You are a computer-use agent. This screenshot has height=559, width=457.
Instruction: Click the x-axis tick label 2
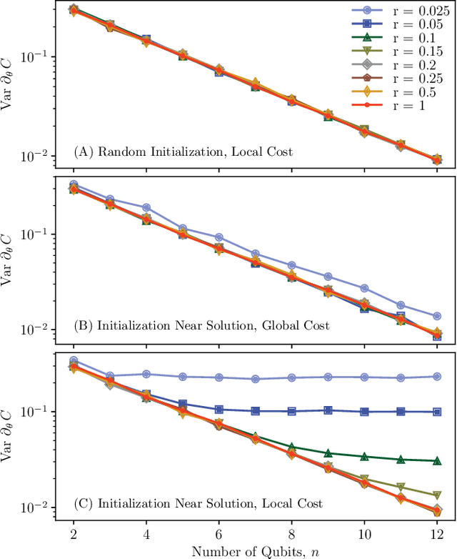pos(73,534)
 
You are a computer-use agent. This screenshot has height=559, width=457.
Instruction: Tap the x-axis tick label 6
pos(219,534)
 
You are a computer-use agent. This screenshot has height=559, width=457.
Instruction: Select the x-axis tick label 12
pos(436,534)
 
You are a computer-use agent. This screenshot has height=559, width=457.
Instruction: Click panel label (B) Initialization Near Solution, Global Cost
pos(201,325)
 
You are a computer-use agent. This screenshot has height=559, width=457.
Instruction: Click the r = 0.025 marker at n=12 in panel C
pos(436,376)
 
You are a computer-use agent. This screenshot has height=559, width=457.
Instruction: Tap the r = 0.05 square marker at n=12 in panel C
pos(436,412)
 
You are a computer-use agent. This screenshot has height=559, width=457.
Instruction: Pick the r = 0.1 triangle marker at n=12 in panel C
pos(436,460)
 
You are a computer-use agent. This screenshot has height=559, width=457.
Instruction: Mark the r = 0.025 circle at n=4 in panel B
pos(146,208)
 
